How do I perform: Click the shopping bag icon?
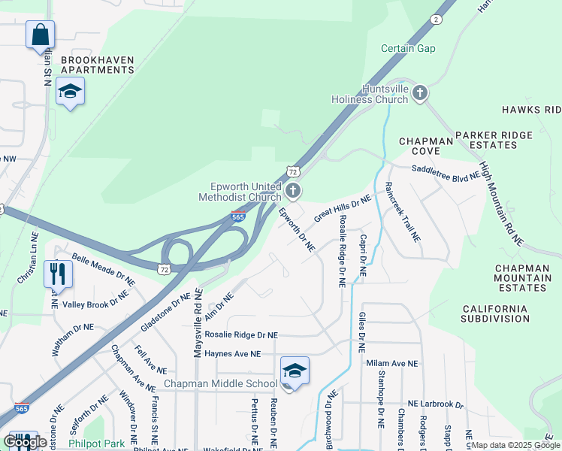click(x=40, y=35)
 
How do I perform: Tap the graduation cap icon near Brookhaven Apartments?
click(x=70, y=92)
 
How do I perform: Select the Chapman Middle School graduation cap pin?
click(x=295, y=371)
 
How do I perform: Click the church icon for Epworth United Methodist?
click(x=293, y=191)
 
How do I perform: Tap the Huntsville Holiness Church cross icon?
click(x=419, y=93)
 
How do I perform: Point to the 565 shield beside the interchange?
click(x=237, y=217)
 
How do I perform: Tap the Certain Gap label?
click(x=408, y=49)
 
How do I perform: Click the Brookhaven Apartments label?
click(x=97, y=65)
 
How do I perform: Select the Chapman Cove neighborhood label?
click(x=426, y=146)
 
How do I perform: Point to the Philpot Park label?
click(x=96, y=443)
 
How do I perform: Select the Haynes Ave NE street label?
click(x=232, y=353)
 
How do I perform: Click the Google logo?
click(x=24, y=442)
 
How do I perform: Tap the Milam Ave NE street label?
click(x=391, y=364)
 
